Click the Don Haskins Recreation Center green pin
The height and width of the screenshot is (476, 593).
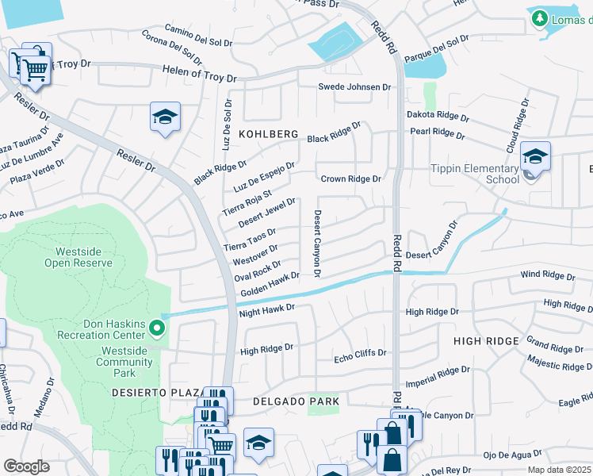coord(157,327)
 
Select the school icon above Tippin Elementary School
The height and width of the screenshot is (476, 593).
coord(535,156)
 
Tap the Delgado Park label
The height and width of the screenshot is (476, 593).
coord(296,401)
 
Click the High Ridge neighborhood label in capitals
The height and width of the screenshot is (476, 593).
coord(486,340)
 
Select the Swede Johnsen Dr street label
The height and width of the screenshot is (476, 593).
coord(354,87)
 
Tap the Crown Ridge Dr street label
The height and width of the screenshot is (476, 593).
coord(350,179)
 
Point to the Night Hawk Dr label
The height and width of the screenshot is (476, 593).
coord(266,310)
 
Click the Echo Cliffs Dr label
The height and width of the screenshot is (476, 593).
coord(359,353)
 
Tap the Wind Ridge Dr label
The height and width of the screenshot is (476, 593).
coord(547,276)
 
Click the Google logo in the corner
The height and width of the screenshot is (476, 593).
coord(26,466)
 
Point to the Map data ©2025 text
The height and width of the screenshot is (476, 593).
coord(560,470)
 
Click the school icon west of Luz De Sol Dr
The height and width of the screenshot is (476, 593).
coord(164,119)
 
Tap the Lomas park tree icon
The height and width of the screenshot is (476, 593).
coord(540,17)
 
